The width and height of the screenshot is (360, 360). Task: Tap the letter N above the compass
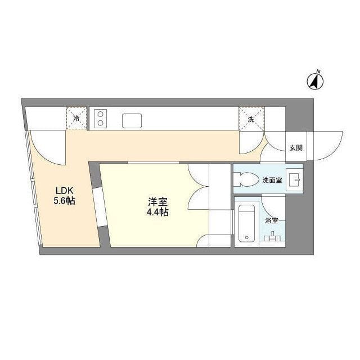tap(318, 71)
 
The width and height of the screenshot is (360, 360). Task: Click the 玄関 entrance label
tap(296, 148)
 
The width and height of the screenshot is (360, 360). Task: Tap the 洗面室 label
tap(272, 180)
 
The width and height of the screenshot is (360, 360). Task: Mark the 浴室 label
tap(271, 220)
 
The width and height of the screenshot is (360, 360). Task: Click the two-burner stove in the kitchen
tap(101, 118)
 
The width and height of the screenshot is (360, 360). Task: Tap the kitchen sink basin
tap(133, 120)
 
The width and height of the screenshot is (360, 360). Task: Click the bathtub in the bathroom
tap(246, 223)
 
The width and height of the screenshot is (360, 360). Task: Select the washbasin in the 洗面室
tap(294, 180)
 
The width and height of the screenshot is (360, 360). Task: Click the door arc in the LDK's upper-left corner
tap(46, 147)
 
